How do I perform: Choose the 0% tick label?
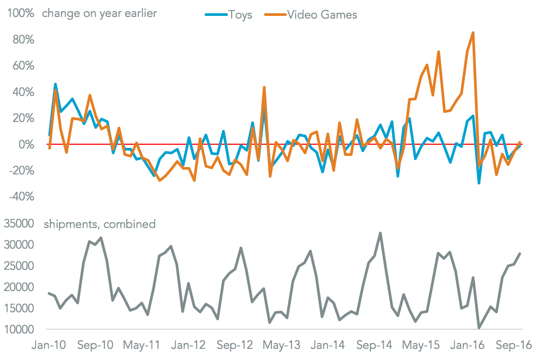[26, 144]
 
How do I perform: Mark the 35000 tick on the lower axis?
[19, 224]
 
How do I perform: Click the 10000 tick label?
[19, 329]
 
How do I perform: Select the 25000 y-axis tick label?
[19, 266]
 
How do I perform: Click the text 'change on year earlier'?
[99, 13]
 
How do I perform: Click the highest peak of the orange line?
[473, 32]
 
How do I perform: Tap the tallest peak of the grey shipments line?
[380, 233]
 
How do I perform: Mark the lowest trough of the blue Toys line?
[479, 183]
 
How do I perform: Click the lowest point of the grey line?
[479, 328]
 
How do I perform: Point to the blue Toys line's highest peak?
[55, 84]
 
